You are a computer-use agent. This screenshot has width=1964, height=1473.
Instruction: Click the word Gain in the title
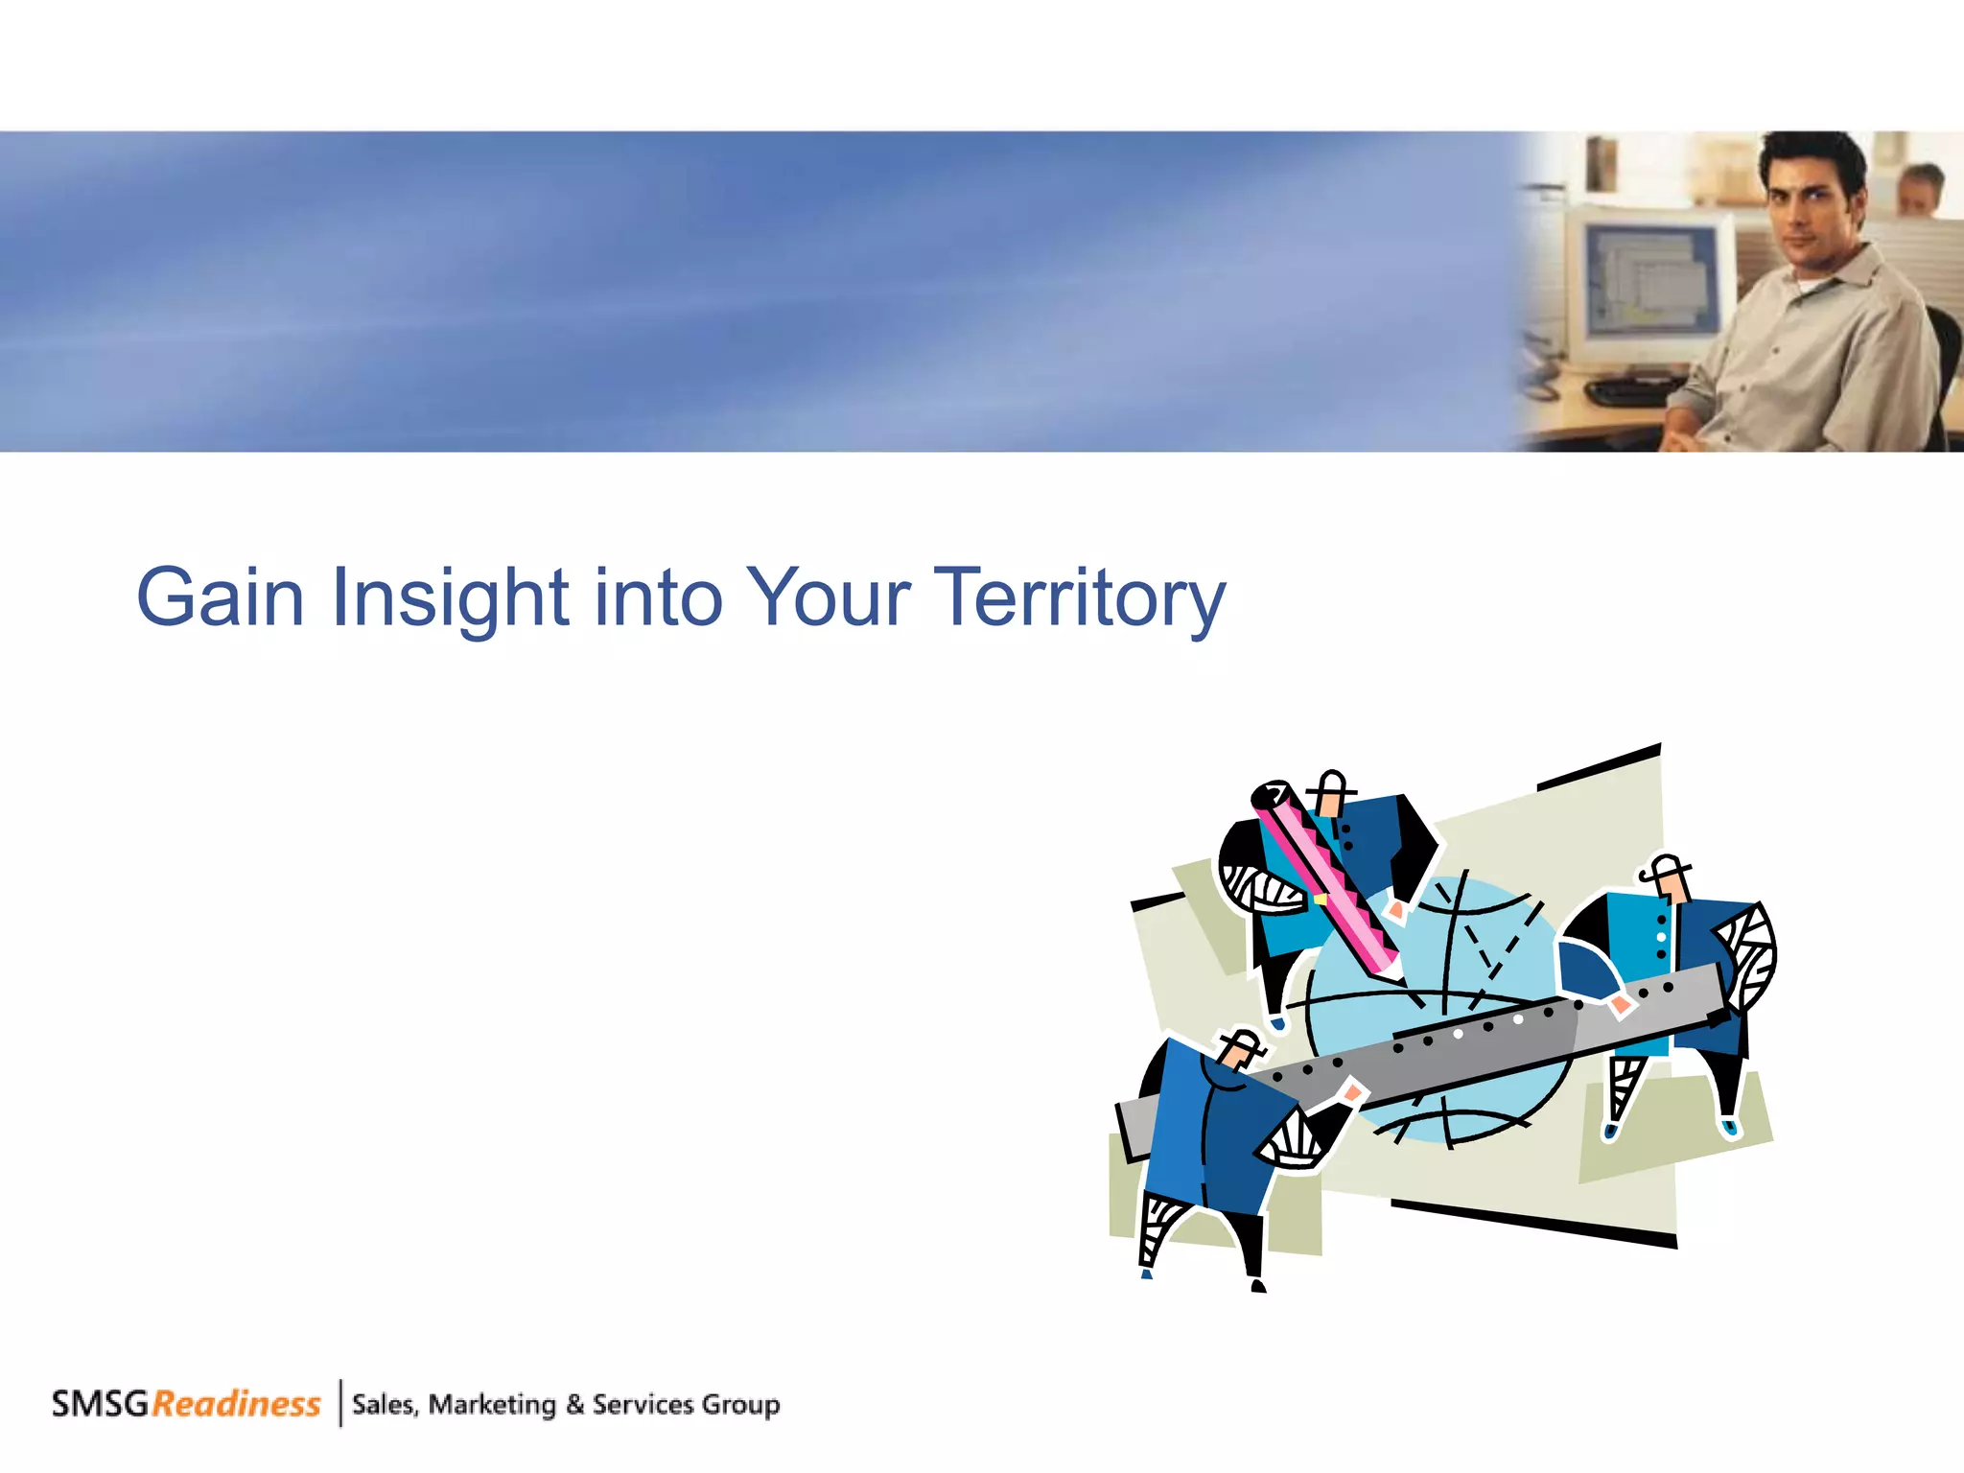pos(221,597)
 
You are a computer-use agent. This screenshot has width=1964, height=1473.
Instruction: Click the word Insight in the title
pos(450,597)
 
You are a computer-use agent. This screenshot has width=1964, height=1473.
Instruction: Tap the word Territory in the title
pos(1079,597)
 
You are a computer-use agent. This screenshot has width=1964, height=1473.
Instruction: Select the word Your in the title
pos(827,597)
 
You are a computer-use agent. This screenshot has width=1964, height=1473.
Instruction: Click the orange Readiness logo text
pos(236,1404)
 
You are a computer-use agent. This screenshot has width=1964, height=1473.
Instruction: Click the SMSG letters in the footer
pos(100,1404)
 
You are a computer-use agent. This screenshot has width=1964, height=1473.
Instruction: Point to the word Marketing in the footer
pos(492,1405)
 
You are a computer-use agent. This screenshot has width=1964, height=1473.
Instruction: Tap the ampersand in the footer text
pos(574,1405)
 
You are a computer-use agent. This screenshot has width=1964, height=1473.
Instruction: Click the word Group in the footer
pos(740,1405)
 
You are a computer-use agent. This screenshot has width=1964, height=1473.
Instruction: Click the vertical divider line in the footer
pos(340,1403)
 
